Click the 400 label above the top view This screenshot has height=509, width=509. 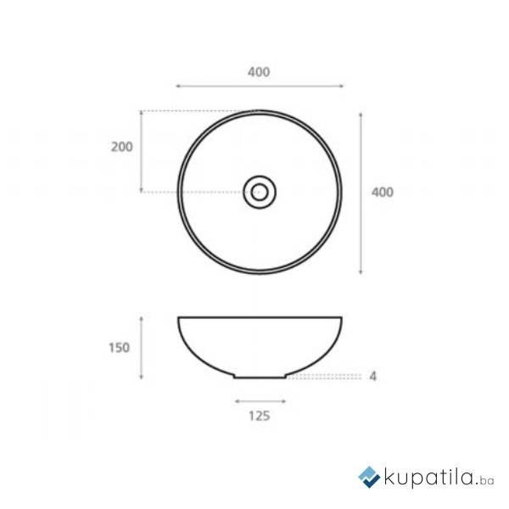pos(259,72)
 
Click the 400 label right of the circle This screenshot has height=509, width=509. pos(383,193)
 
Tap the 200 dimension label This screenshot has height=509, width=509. pos(121,147)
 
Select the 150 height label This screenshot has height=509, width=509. pos(119,348)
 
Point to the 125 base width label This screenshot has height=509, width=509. pos(260,416)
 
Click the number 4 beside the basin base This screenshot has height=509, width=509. pos(373,376)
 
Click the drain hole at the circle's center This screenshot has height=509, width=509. pos(260,193)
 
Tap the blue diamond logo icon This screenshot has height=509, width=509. pos(369,477)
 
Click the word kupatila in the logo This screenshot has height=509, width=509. pos(428,478)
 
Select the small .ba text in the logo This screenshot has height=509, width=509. pos(484,481)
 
